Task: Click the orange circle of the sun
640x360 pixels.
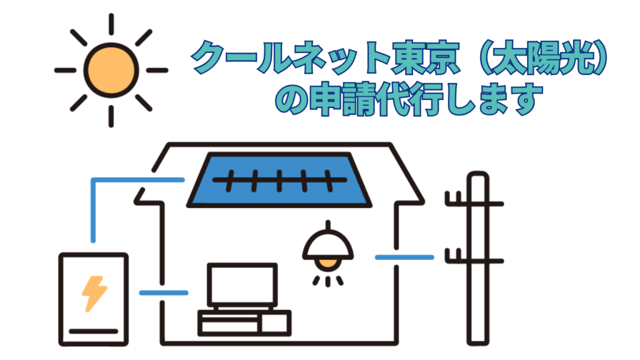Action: [x=111, y=70]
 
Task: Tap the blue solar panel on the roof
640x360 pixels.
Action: [x=279, y=180]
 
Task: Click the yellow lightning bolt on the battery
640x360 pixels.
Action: [x=94, y=294]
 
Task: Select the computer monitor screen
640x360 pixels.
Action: [x=242, y=285]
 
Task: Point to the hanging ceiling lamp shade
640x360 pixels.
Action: [x=327, y=245]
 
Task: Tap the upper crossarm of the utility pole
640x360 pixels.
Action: [x=474, y=203]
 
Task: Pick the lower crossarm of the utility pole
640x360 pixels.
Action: [x=474, y=260]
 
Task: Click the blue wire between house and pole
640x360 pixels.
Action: [x=404, y=257]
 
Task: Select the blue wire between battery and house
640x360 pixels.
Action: [x=164, y=292]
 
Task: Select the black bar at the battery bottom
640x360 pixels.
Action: [x=94, y=331]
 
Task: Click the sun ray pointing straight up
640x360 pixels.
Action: [x=111, y=24]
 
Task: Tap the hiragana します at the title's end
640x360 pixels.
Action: [x=495, y=99]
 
